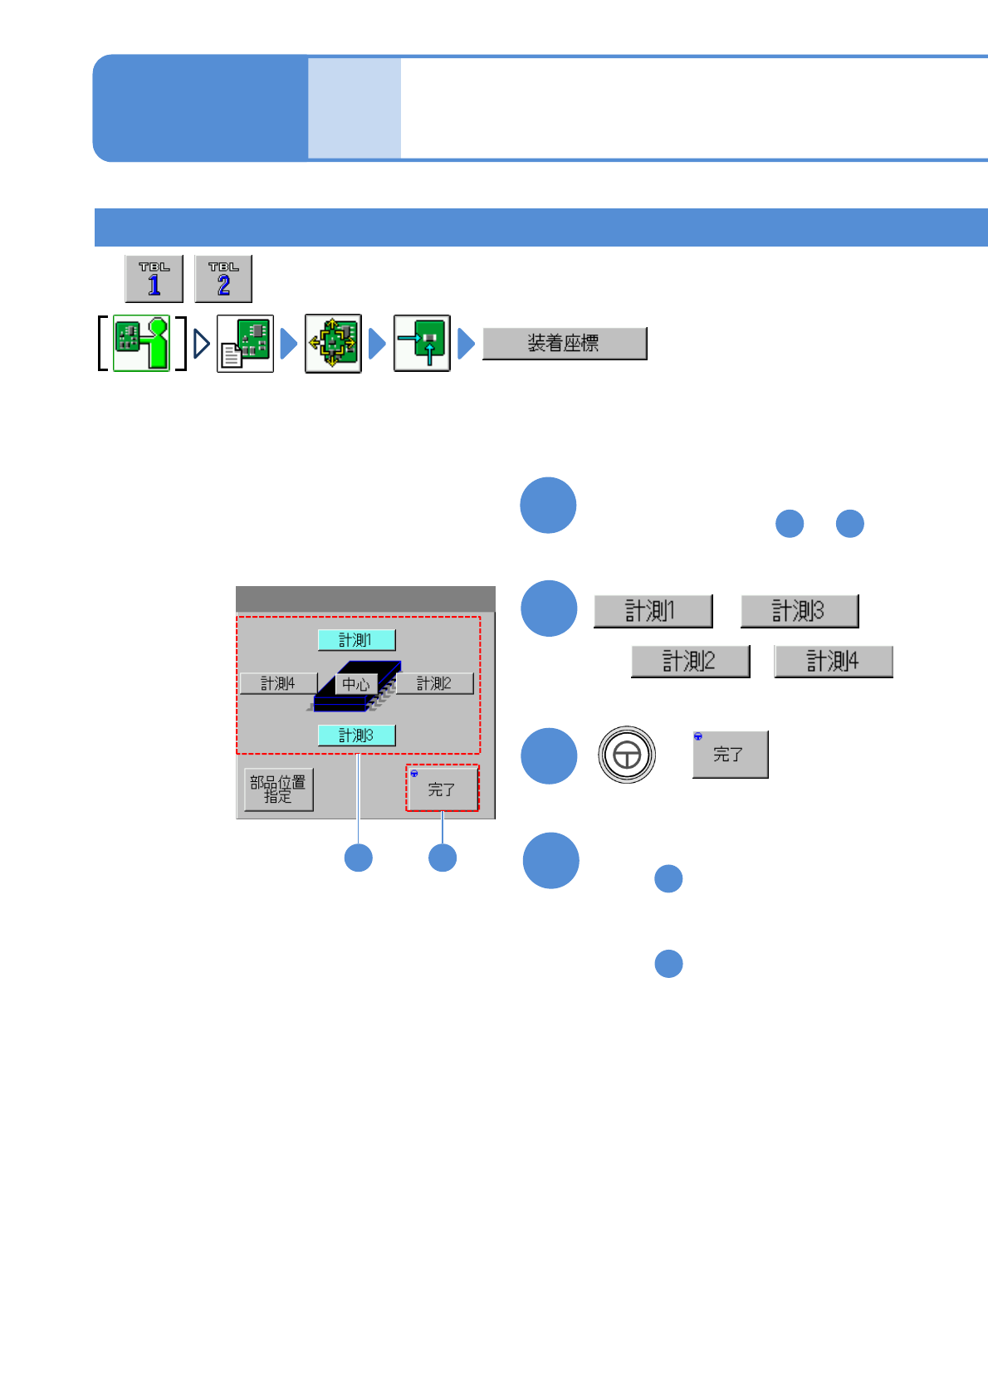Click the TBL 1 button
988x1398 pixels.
pos(154,279)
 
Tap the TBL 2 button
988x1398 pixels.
pos(223,279)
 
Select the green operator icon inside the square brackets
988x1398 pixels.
pos(142,343)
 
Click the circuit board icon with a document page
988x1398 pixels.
pos(246,343)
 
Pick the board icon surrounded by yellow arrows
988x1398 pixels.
pos(333,343)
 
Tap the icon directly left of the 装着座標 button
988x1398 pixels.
pos(422,343)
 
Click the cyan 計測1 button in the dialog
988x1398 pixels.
pos(356,640)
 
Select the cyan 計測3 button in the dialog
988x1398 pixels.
pos(356,736)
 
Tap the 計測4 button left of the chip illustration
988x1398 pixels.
pos(278,683)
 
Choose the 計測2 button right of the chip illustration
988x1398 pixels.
pos(434,683)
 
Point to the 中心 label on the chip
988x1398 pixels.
pos(356,685)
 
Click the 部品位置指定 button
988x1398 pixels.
pos(279,789)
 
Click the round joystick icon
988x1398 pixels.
pos(627,755)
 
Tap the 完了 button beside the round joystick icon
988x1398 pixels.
pos(731,755)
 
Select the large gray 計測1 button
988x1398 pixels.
pos(653,611)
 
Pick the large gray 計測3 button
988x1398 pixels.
pos(800,611)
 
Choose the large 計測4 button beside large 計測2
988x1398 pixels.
pos(834,662)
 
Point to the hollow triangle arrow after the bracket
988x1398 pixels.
pos(201,343)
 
